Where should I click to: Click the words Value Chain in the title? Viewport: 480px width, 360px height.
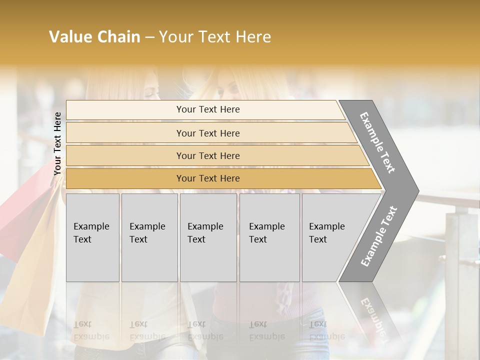point(94,37)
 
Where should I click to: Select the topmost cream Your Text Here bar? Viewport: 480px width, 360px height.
point(208,109)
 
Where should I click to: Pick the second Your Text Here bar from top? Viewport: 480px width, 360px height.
point(208,133)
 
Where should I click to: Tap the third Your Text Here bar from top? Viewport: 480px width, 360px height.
point(208,155)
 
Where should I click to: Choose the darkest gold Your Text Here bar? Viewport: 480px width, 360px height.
point(208,178)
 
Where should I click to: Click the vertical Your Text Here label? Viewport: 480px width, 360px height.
point(57,143)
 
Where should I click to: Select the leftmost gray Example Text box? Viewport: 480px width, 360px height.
point(92,237)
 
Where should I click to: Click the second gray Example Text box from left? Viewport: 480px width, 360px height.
point(149,237)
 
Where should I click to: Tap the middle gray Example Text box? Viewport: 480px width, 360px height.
point(208,237)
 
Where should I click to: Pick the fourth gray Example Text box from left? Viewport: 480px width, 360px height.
point(269,237)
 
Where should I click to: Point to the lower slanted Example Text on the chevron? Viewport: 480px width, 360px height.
point(379,236)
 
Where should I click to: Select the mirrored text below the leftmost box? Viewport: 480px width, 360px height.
point(91,330)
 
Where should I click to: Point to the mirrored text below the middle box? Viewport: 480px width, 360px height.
point(205,330)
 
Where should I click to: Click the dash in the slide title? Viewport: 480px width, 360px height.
point(149,37)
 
